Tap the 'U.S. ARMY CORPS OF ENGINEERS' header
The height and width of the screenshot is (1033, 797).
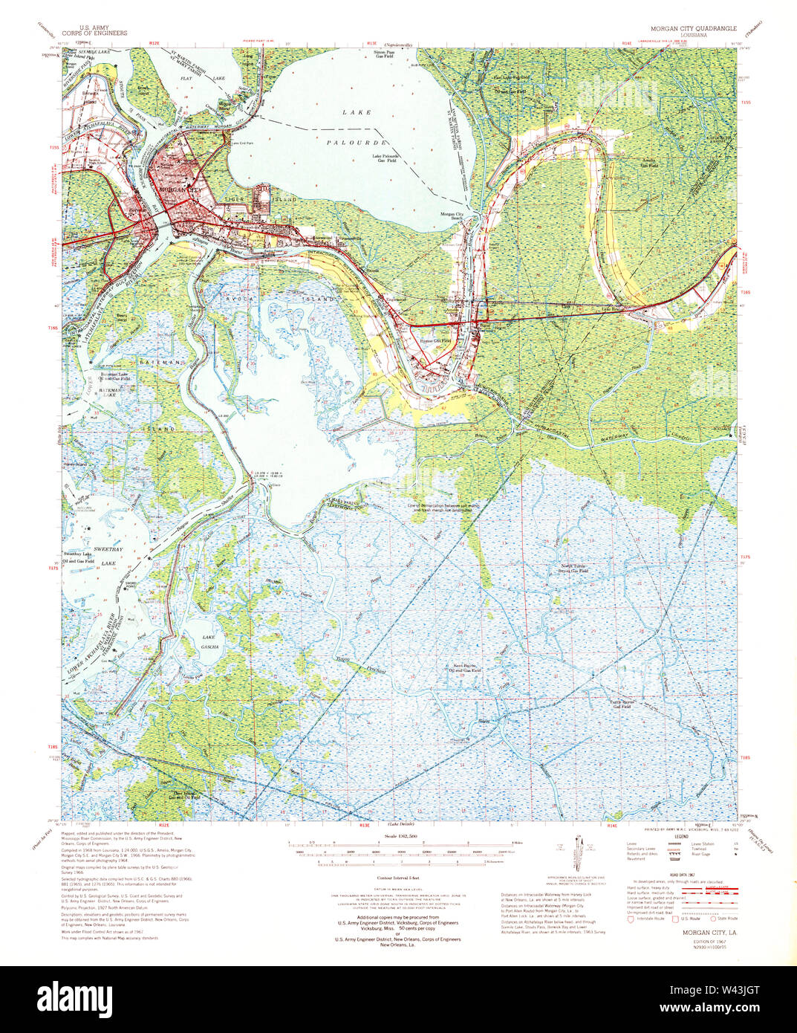[x=94, y=30]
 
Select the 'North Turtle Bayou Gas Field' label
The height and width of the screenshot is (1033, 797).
[x=578, y=569]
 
